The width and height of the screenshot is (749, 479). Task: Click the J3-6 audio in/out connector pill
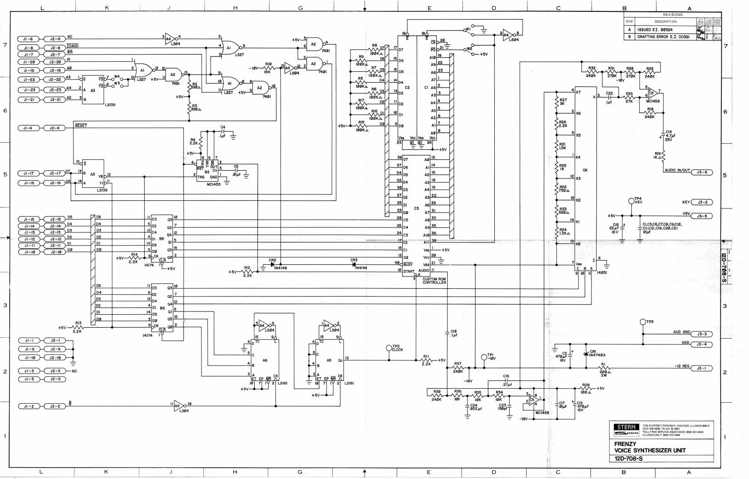pyautogui.click(x=701, y=173)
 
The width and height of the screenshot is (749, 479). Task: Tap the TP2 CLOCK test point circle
pyautogui.click(x=389, y=348)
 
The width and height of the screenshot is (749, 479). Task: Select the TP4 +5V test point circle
pyautogui.click(x=631, y=201)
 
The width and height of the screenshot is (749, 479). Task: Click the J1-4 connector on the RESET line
pyautogui.click(x=28, y=128)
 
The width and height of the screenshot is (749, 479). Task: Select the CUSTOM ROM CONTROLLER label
pyautogui.click(x=434, y=281)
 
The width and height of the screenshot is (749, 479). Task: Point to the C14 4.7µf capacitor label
pyautogui.click(x=670, y=136)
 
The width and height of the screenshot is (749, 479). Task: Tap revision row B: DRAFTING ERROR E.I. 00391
pyautogui.click(x=663, y=37)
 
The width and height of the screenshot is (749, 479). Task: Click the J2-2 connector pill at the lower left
pyautogui.click(x=55, y=406)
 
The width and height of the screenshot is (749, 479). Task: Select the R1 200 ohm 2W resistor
pyautogui.click(x=604, y=369)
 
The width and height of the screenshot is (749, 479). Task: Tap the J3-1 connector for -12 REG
pyautogui.click(x=701, y=369)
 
